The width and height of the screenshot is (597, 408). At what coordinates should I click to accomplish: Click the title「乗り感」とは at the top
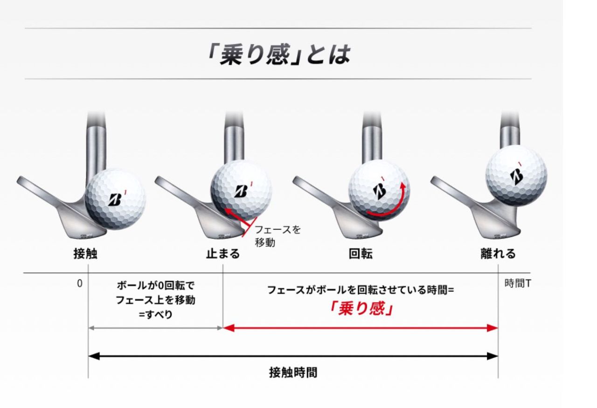click(x=279, y=55)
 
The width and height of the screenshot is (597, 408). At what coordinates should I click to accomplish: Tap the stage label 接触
click(x=85, y=254)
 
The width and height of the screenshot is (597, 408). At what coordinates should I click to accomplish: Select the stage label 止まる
click(x=223, y=254)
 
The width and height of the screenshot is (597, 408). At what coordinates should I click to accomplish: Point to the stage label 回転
click(x=361, y=254)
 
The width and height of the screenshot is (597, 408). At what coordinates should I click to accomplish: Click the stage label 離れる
click(x=498, y=254)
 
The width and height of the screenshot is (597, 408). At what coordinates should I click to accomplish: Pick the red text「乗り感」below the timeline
click(x=361, y=309)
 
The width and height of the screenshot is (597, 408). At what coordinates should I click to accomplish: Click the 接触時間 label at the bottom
click(x=293, y=372)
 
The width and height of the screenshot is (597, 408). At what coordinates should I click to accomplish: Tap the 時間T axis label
click(x=518, y=284)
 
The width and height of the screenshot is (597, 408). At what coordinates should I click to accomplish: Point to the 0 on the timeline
click(x=79, y=284)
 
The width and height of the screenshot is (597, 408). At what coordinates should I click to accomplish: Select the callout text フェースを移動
click(x=278, y=236)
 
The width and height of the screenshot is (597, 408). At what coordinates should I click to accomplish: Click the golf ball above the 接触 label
click(x=115, y=199)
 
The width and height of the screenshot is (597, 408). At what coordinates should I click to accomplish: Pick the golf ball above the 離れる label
click(x=516, y=176)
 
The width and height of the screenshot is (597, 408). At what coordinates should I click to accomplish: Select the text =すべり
click(x=156, y=314)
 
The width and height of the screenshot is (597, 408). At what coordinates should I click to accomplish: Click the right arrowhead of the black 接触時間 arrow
click(x=493, y=356)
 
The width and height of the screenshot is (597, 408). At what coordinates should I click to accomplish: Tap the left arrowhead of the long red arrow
click(x=229, y=328)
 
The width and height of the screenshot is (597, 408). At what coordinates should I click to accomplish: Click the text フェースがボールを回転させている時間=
click(x=361, y=290)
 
